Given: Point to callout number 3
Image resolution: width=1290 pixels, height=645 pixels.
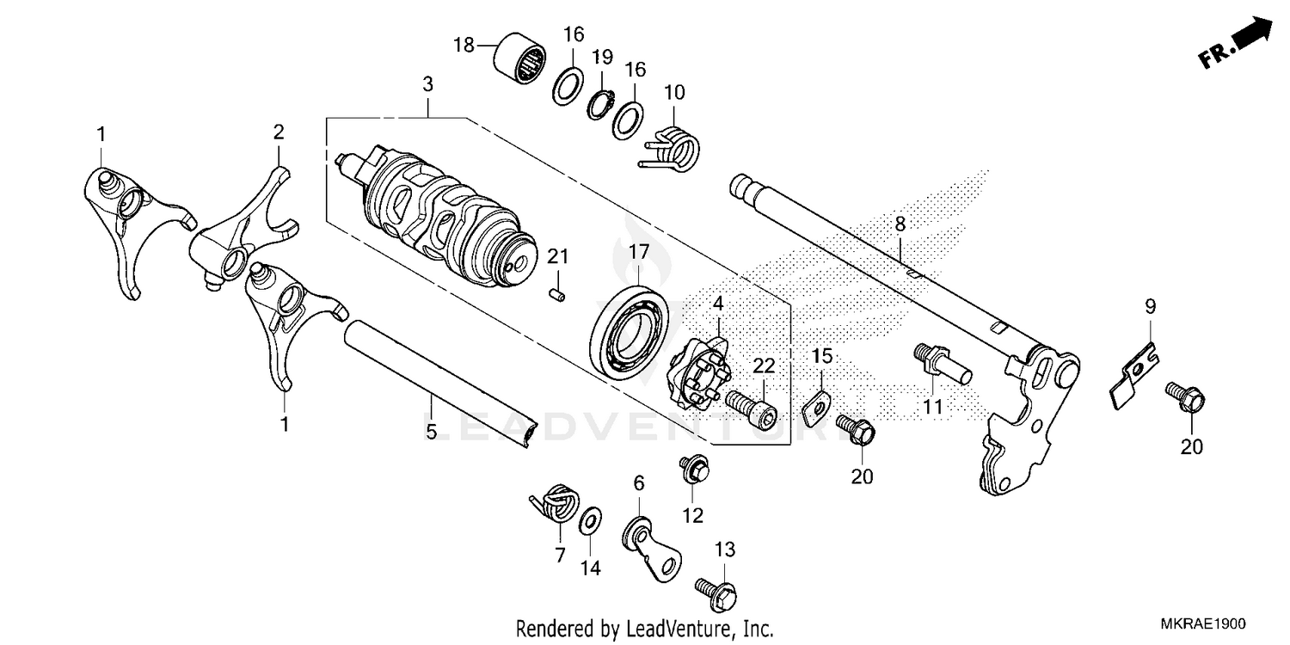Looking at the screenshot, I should pos(427,84).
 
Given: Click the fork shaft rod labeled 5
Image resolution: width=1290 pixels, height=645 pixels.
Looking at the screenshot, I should pos(439,379).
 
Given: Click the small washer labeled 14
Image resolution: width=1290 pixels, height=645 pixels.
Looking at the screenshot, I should pos(589,521).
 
